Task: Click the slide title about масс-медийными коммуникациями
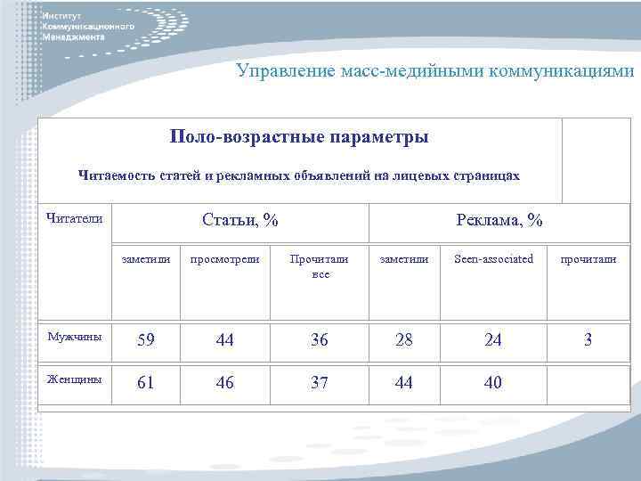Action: point(435,70)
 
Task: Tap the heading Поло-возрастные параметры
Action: point(299,138)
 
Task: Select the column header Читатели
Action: point(74,218)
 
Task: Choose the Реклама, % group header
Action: point(499,220)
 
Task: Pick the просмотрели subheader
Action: point(224,259)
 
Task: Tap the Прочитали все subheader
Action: point(320,266)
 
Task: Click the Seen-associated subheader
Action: point(493,259)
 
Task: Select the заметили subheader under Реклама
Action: point(404,259)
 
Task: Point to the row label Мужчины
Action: point(75,338)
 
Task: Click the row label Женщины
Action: point(76,380)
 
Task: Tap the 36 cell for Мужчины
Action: point(320,340)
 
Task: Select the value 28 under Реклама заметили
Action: point(404,340)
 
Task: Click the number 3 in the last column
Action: point(588,340)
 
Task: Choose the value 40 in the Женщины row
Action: point(493,383)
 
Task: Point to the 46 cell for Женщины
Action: point(224,383)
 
